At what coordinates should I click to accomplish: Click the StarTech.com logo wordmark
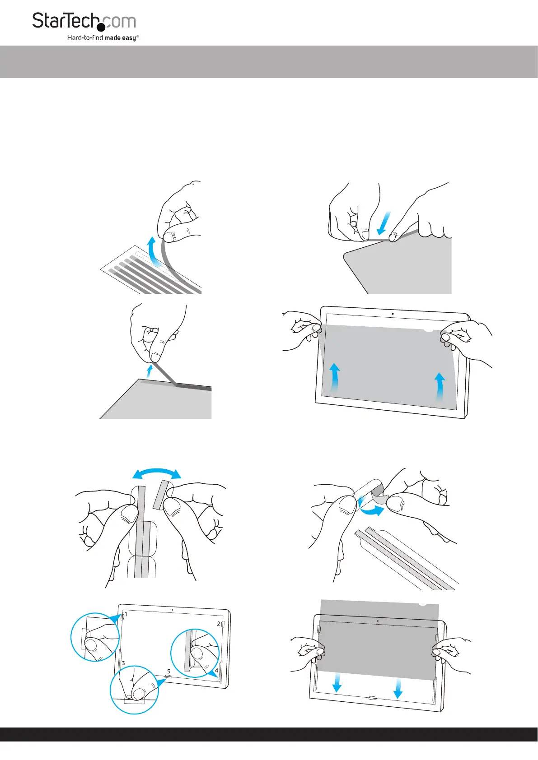pos(84,21)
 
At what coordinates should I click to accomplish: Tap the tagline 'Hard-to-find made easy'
pos(103,37)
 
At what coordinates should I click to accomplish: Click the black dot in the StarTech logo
pos(101,27)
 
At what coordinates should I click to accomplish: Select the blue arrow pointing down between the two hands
pos(384,223)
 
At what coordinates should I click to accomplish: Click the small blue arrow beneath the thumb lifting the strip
pos(148,371)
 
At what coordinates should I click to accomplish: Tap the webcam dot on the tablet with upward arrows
pos(393,314)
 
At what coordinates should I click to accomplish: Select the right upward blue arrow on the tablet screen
pos(440,387)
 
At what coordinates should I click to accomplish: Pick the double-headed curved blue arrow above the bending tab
pos(157,472)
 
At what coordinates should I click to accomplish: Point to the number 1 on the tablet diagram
pos(126,614)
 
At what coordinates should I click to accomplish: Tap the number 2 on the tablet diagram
pos(218,624)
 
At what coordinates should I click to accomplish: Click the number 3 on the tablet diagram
pos(123,663)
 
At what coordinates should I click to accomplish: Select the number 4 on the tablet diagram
pos(216,671)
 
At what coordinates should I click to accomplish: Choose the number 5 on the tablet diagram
pos(168,671)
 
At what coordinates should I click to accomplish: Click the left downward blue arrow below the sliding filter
pos(337,683)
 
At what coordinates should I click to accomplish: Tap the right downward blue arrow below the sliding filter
pos(398,689)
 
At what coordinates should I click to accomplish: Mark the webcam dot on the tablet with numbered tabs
pos(172,610)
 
